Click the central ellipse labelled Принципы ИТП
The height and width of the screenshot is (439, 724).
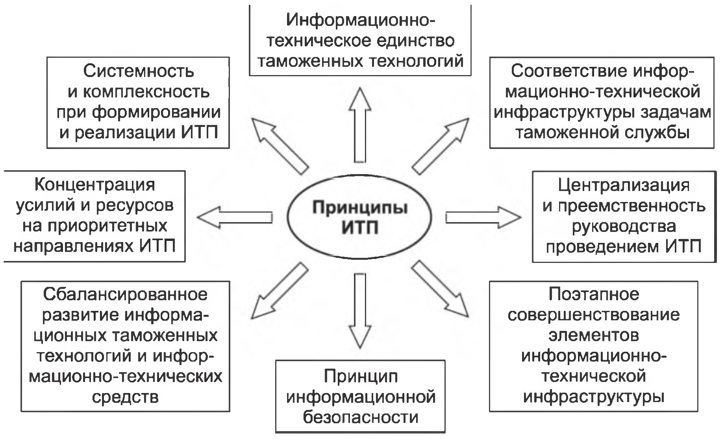pos(359,217)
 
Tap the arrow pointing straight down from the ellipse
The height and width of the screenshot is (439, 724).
pos(360,310)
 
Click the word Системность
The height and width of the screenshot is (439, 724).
pos(139,71)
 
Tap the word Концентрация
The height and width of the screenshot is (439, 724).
pos(95,184)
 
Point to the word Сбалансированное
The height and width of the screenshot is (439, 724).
pos(125,294)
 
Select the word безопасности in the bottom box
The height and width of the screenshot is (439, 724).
pos(360,417)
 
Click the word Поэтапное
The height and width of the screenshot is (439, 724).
pos(594,294)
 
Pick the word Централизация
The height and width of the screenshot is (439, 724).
pos(624,185)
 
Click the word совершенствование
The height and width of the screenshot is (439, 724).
pos(594,314)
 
